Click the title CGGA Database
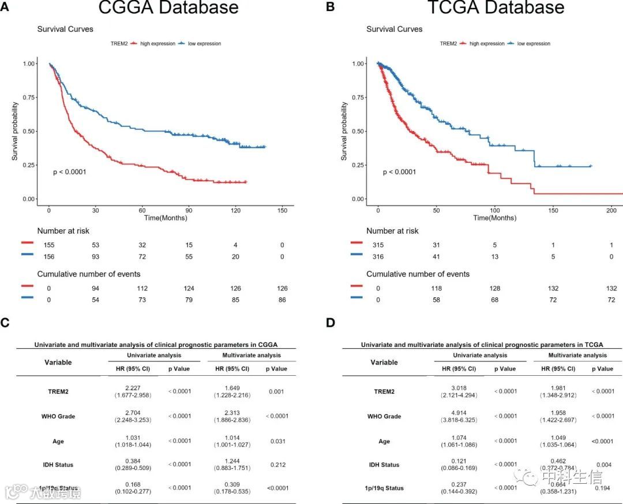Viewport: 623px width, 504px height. pyautogui.click(x=168, y=8)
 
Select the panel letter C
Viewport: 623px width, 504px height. pyautogui.click(x=5, y=322)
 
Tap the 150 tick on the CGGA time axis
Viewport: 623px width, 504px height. pyautogui.click(x=282, y=210)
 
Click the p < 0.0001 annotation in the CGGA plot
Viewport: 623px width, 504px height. pyautogui.click(x=69, y=172)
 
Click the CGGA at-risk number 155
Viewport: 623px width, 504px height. pyautogui.click(x=50, y=245)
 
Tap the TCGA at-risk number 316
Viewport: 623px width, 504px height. pyautogui.click(x=378, y=257)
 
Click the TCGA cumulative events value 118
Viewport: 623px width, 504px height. pyautogui.click(x=437, y=288)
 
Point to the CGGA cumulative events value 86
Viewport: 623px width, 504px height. pyautogui.click(x=282, y=300)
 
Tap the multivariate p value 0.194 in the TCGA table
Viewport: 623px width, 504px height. pyautogui.click(x=603, y=488)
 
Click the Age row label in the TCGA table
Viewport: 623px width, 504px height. pyautogui.click(x=384, y=441)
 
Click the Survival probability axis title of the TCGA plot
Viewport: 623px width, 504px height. pyautogui.click(x=345, y=131)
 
